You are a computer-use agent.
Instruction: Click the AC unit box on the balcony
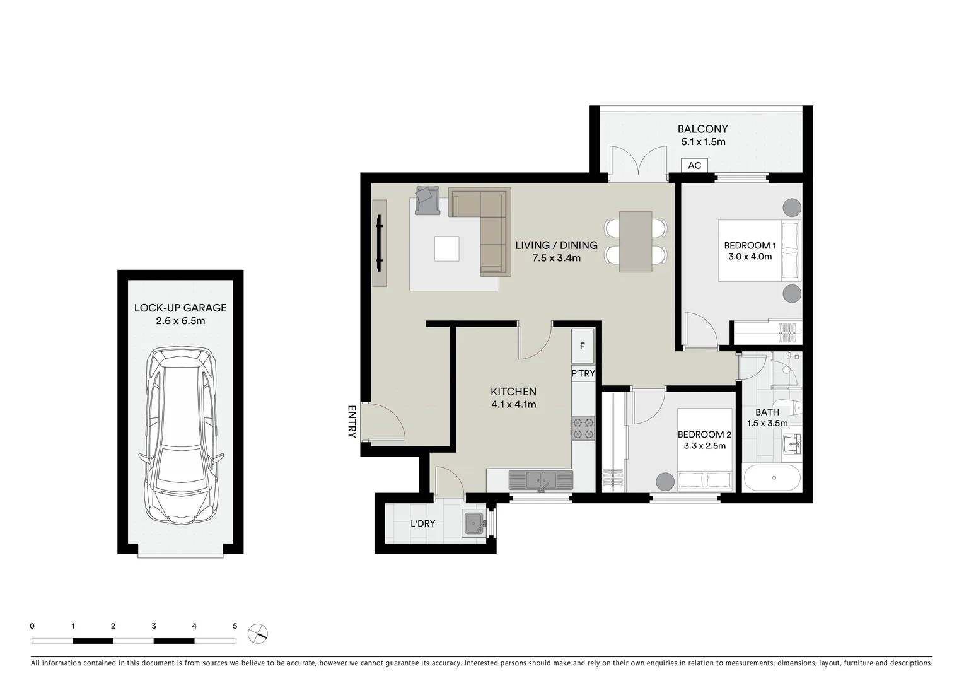694,165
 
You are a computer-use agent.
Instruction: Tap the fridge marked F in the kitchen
582,346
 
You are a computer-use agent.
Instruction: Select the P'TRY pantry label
583,373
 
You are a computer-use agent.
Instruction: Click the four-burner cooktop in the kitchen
583,428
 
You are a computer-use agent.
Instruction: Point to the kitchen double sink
541,480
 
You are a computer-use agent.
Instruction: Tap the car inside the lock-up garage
181,435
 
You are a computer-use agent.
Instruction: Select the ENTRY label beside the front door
352,421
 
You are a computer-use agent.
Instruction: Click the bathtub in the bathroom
772,478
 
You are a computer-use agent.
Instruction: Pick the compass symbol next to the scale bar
258,633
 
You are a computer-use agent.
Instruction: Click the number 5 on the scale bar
235,626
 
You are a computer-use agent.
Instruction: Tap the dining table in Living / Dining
636,242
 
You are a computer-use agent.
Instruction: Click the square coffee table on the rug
447,248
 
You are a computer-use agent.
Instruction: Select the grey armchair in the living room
428,200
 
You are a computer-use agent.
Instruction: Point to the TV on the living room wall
379,242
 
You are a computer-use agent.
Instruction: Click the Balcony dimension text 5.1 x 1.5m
703,142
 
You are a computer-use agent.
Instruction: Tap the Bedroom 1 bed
760,250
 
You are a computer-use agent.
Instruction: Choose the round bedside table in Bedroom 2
665,481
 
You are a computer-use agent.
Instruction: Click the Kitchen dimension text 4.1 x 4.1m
513,405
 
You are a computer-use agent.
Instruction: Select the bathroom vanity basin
792,443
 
